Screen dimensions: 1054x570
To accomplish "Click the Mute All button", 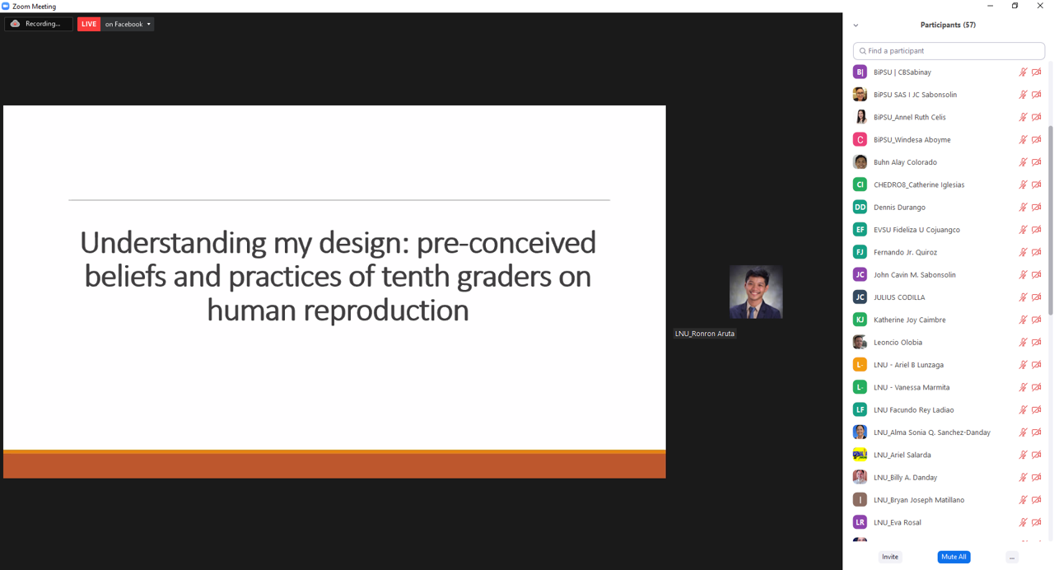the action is [954, 557].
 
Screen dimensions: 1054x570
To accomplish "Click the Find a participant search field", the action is [949, 51].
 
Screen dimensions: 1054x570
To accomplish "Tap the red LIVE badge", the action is [89, 24].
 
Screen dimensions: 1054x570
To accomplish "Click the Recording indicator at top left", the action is [38, 24].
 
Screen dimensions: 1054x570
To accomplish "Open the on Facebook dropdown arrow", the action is [149, 24].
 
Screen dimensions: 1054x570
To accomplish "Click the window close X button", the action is [1040, 6].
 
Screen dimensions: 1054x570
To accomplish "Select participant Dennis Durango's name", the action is [899, 207].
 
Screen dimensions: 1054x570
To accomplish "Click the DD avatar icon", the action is [860, 207].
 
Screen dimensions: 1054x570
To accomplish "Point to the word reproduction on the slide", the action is [386, 311].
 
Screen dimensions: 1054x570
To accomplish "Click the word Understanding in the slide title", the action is [173, 243].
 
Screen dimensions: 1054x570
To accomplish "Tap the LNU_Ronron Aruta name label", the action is [704, 334].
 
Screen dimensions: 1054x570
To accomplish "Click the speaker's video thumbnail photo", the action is [756, 292].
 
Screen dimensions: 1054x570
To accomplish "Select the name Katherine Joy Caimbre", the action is [910, 320].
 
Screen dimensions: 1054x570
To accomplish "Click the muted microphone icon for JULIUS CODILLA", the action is [1023, 297].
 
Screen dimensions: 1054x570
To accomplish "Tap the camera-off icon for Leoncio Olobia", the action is [1036, 342].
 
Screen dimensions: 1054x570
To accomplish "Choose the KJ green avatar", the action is [860, 320].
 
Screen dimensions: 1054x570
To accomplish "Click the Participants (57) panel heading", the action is [948, 25].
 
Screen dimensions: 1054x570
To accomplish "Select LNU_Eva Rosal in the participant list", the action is [898, 522].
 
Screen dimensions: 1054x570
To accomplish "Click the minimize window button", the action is [990, 6].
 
